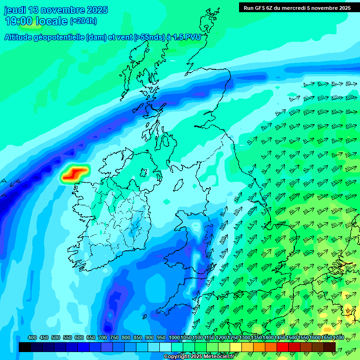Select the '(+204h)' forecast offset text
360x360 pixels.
[83, 21]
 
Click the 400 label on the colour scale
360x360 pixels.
[32, 338]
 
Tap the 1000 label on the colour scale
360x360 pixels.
[174, 338]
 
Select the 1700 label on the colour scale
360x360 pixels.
[327, 338]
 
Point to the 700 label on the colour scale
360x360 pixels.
[103, 338]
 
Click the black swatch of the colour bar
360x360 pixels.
[25, 347]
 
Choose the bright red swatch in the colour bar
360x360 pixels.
[283, 347]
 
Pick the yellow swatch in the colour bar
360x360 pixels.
[236, 347]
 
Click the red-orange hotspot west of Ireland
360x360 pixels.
[74, 173]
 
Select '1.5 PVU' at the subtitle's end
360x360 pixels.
[187, 37]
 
